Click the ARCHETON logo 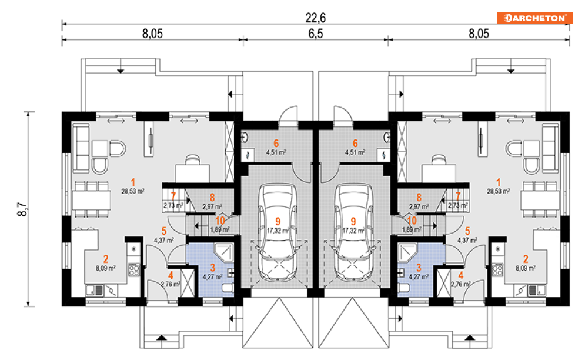[534, 18]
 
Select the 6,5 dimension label [316, 34]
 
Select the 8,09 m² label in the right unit [526, 268]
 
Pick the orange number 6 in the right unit [355, 143]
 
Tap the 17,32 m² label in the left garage [277, 231]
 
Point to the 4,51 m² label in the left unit [276, 152]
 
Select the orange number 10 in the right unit [412, 221]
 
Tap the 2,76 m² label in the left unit [171, 284]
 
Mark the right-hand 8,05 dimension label [479, 34]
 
